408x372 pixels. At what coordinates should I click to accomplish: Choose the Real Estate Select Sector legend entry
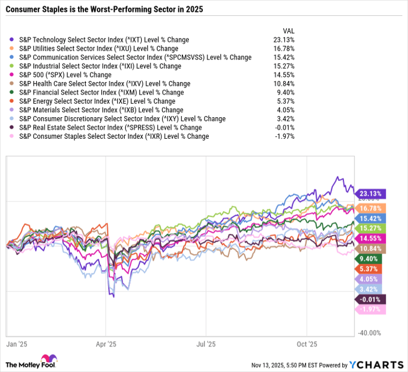[110, 127]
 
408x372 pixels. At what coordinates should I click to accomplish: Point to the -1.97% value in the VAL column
[285, 136]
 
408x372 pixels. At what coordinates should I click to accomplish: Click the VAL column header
[288, 30]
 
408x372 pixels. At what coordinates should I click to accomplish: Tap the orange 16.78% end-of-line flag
[371, 208]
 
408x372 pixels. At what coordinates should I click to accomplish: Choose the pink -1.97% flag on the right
[371, 310]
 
